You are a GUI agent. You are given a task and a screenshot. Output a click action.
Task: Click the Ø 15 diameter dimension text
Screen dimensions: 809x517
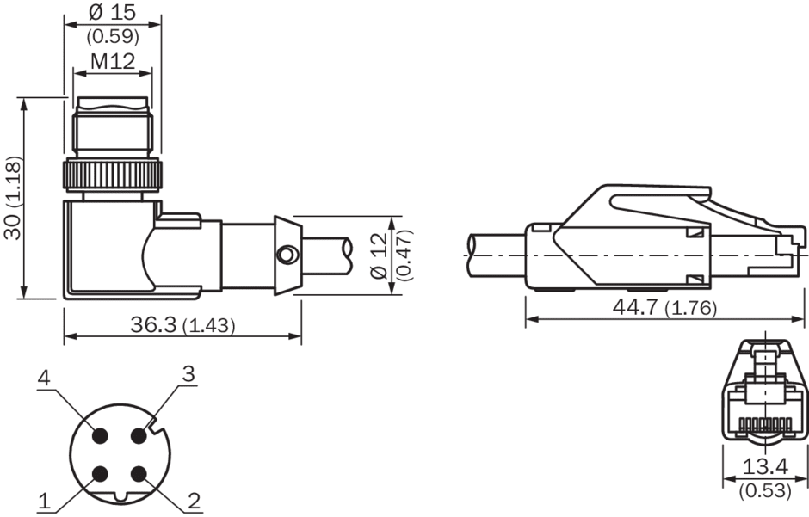pos(112,11)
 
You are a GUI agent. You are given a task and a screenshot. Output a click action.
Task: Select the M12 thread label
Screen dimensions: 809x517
pos(113,61)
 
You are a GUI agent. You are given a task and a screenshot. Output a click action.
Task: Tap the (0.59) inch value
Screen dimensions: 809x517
pos(113,36)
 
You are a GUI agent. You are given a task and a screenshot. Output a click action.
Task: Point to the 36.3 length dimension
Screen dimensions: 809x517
pos(153,324)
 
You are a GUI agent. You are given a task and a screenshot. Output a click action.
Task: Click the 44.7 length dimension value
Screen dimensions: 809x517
pos(635,307)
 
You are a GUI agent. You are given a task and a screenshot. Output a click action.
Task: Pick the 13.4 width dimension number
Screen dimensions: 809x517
pos(765,466)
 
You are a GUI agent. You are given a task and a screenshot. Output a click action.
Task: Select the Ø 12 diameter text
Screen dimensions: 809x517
pos(380,255)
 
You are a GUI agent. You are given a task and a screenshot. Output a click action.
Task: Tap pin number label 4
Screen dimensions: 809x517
pos(45,379)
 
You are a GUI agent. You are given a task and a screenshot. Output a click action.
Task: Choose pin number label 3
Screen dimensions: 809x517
pos(188,373)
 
